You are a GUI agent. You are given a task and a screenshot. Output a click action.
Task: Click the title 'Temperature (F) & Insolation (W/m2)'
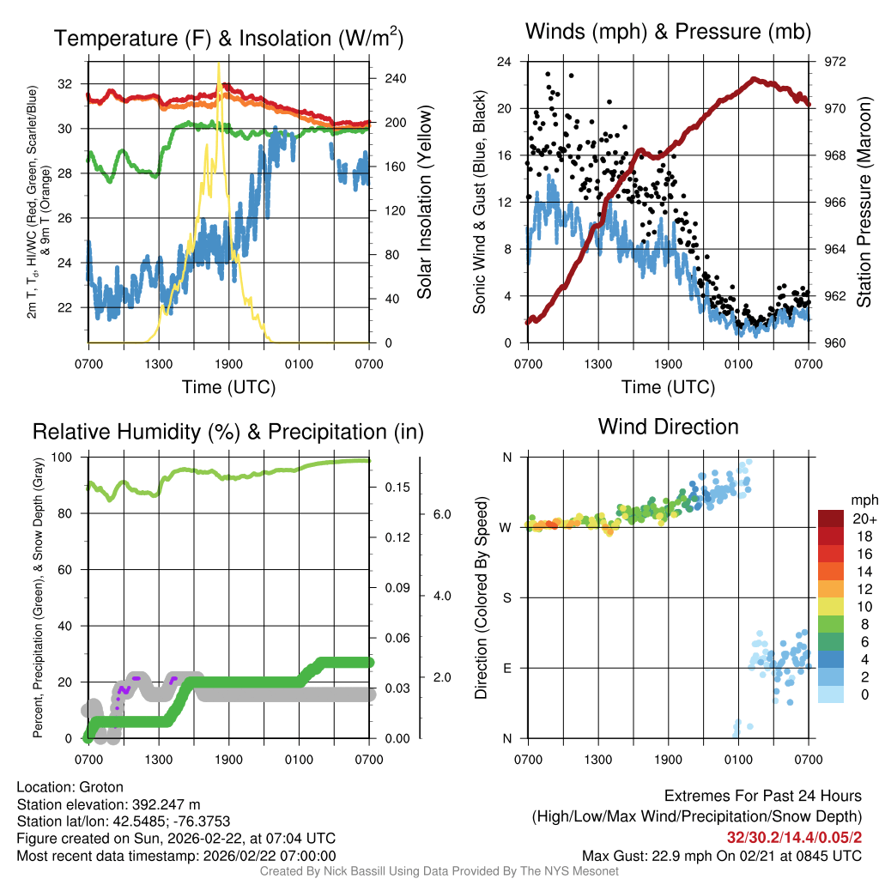click(x=228, y=38)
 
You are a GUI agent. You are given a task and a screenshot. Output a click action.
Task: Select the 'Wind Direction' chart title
click(x=668, y=427)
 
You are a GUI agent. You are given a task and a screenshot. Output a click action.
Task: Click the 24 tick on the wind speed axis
click(x=505, y=62)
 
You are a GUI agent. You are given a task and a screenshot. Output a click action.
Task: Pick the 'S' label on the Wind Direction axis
click(x=506, y=597)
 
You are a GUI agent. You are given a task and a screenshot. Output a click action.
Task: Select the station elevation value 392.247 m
click(x=166, y=804)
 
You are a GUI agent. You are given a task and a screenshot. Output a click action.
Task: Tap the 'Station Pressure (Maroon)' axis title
click(x=864, y=202)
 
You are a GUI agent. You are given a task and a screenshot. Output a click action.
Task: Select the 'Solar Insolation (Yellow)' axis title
click(x=424, y=202)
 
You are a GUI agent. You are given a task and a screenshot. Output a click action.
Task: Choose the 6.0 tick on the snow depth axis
click(x=441, y=514)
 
